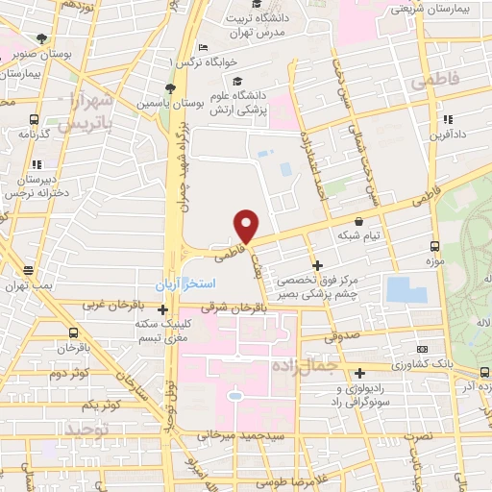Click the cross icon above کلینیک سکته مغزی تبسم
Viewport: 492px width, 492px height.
pos(163,309)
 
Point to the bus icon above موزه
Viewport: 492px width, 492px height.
pos(434,245)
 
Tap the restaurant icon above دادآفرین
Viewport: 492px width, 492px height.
pos(447,120)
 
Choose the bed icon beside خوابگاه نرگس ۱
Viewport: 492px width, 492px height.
pos(202,49)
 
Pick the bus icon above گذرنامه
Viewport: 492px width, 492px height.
pos(35,120)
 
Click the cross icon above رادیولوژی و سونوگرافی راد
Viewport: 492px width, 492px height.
pos(360,373)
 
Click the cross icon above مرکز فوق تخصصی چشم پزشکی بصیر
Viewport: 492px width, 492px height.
pos(317,264)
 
